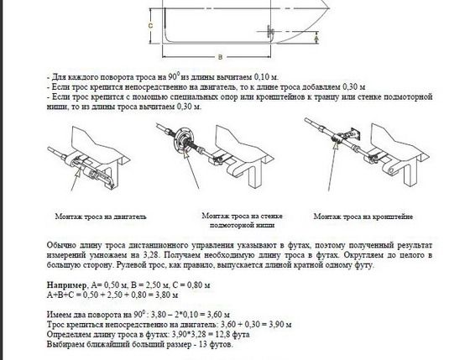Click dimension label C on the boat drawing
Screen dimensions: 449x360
(150, 26)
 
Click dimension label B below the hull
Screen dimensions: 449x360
(220, 57)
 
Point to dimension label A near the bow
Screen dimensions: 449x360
(316, 38)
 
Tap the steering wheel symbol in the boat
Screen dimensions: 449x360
(270, 31)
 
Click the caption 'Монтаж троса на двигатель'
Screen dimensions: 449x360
(101, 217)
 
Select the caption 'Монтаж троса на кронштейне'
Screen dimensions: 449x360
(363, 217)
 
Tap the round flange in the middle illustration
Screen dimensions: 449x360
(185, 138)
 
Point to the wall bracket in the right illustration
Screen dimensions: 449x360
(350, 133)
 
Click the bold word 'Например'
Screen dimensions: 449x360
(66, 285)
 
